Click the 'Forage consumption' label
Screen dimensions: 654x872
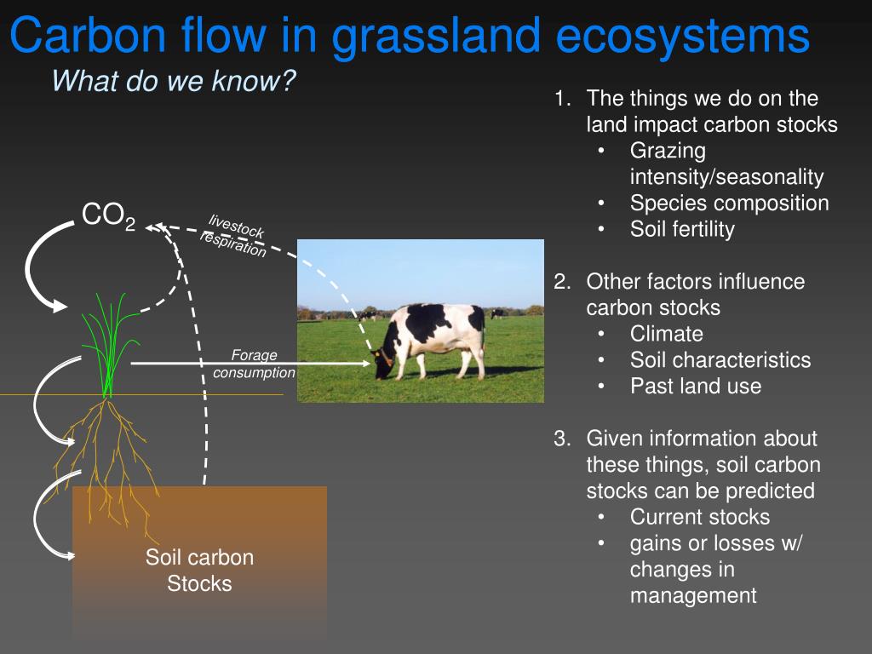254,364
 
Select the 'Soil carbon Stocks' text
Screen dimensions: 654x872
199,571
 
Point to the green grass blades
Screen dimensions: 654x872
109,341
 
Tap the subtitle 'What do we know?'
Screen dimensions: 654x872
174,82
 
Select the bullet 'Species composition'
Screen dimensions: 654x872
729,203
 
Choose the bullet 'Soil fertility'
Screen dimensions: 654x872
682,229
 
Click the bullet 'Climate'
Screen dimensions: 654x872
667,334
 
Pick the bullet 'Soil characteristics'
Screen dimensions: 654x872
720,360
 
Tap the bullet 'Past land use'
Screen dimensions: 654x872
696,386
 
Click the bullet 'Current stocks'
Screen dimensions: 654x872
699,517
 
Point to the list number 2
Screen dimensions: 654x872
561,282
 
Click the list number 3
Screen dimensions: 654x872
561,439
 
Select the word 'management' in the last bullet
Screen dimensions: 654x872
692,595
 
